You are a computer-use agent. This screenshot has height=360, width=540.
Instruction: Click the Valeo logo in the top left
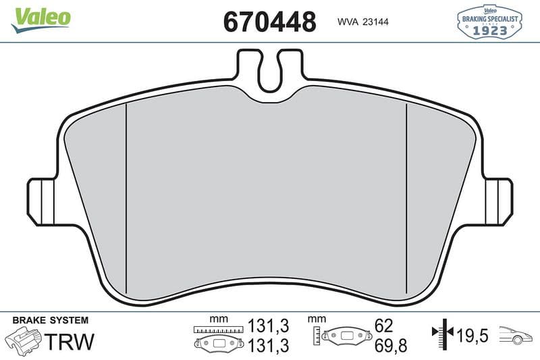(x=40, y=20)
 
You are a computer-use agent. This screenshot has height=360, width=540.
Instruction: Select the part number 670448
(x=269, y=22)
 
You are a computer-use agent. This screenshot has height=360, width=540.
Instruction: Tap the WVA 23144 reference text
(x=363, y=22)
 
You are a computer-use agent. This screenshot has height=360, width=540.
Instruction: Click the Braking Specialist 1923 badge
(x=489, y=22)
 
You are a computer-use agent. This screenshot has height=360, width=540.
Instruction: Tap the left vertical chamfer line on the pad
(x=126, y=199)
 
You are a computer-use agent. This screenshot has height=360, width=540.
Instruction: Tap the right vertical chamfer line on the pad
(x=407, y=199)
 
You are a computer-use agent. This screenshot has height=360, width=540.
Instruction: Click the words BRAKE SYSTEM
(x=50, y=320)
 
